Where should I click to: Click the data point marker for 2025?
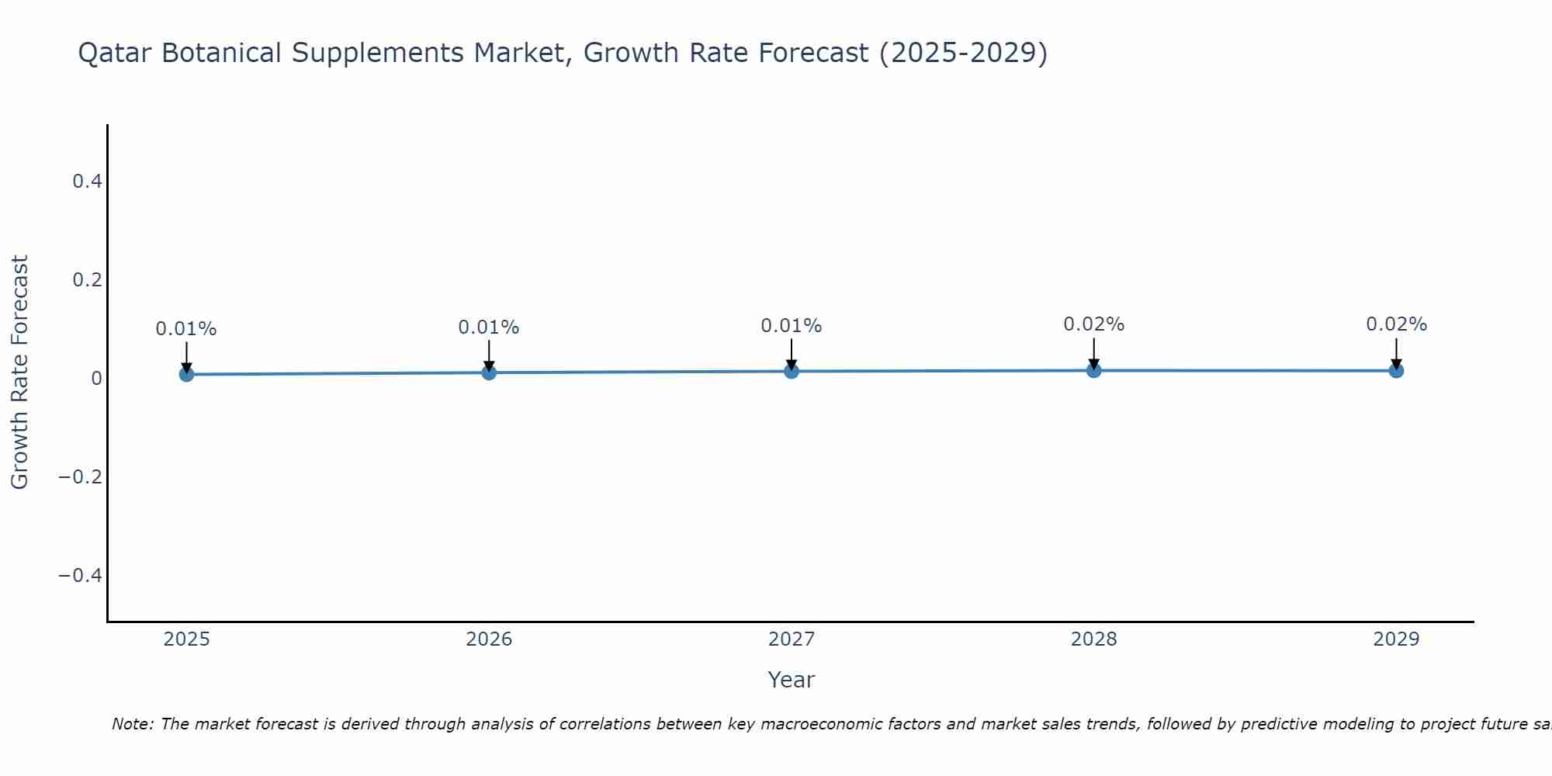pos(186,374)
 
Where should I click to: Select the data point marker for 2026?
pos(489,372)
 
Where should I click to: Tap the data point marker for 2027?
pos(792,371)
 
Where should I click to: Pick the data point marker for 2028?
pos(1093,370)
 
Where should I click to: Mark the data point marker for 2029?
pos(1396,370)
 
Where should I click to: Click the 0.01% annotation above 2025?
pos(186,329)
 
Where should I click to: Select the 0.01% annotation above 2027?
pos(792,326)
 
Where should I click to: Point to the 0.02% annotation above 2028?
pos(1093,324)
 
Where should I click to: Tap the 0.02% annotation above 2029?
pos(1396,324)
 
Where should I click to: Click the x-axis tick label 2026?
pos(489,639)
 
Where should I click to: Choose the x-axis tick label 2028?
pos(1093,639)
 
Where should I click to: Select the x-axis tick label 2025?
pos(186,639)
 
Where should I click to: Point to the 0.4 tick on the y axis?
pos(87,182)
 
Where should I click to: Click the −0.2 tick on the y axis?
pos(81,476)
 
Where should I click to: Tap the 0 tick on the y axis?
pos(96,379)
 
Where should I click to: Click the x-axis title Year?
pos(791,681)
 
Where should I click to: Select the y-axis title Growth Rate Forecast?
pos(19,372)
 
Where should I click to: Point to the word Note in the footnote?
pos(132,724)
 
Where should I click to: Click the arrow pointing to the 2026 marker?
pos(489,355)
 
